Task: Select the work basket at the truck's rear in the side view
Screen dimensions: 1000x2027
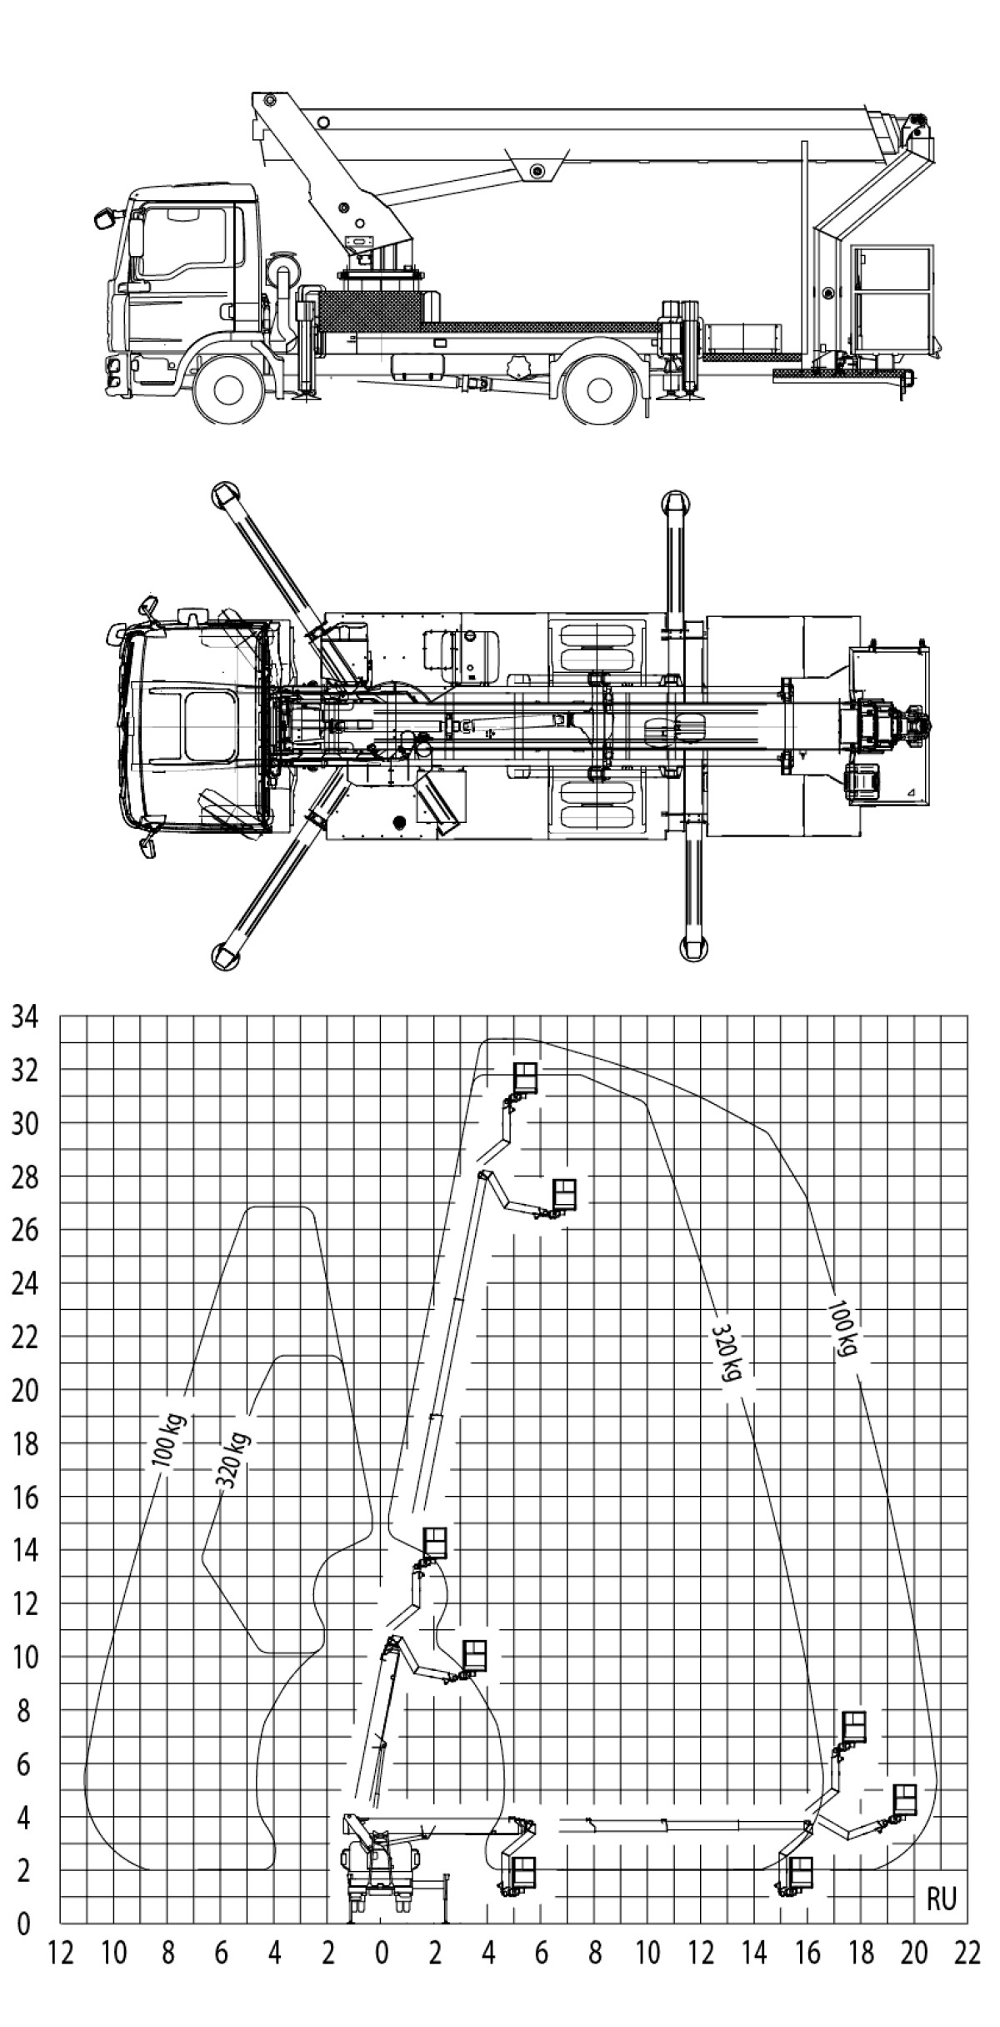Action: point(892,295)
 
